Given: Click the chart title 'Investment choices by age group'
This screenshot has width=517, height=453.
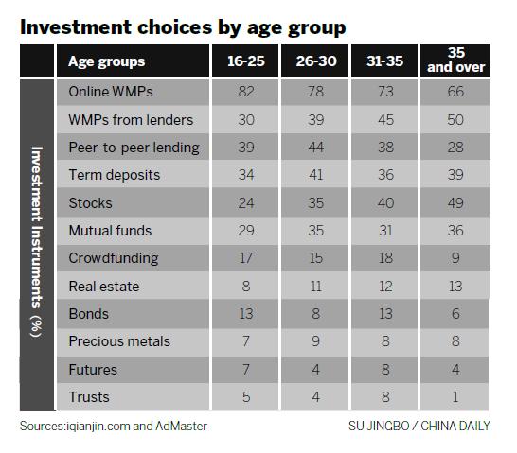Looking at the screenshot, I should [183, 26].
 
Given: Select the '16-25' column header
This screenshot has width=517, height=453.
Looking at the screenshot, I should [244, 61].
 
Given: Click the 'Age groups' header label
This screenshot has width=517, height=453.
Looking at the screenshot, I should [107, 61].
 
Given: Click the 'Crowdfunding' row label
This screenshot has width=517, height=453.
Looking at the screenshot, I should [112, 257].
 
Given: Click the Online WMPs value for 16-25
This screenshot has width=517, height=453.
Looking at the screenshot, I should [244, 92].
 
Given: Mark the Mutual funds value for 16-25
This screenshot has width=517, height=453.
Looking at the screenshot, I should [244, 230].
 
